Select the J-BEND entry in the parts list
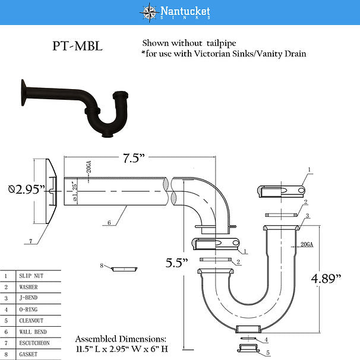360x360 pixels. click(30, 298)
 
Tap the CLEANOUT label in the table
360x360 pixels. click(31, 321)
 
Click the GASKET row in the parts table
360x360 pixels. click(29, 355)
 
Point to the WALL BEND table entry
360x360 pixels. click(33, 332)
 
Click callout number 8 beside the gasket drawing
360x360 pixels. click(102, 264)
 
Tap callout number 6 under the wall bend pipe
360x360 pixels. click(109, 223)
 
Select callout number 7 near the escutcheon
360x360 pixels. click(30, 241)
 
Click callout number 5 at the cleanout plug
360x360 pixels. click(267, 352)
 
